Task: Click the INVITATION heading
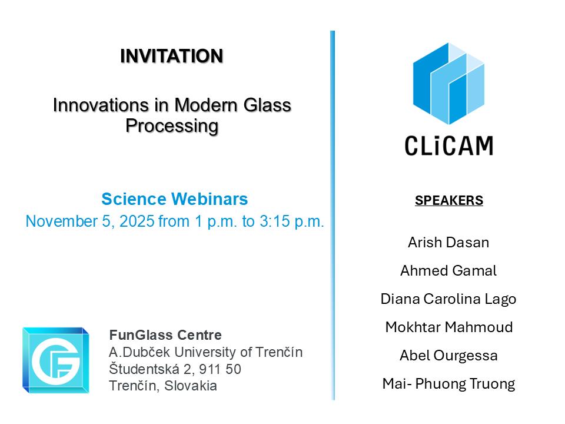point(171,57)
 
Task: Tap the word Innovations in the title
point(101,105)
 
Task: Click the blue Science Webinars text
point(175,199)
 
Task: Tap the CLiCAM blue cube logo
point(448,84)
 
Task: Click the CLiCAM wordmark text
point(449,146)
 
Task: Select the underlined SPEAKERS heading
point(449,200)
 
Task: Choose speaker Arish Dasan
point(448,243)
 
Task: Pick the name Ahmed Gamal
point(448,271)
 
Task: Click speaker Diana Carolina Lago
point(448,299)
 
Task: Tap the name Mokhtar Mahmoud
point(449,327)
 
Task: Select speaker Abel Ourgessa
point(448,356)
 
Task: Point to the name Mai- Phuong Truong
point(448,384)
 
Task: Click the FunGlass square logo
point(56,360)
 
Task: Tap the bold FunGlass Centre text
point(165,335)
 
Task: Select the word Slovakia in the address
point(191,386)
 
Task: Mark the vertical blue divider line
point(332,216)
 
